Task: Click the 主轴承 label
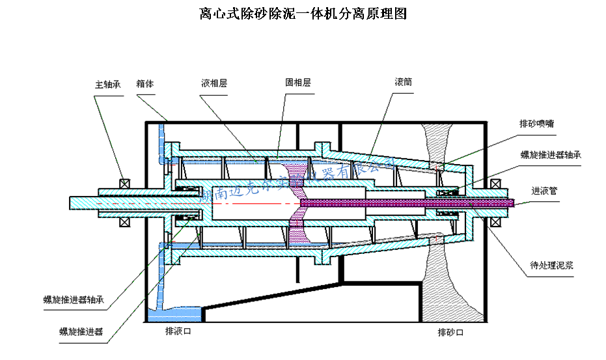(108, 84)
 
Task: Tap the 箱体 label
(145, 84)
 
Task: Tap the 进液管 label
(544, 191)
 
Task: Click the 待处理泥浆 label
(551, 266)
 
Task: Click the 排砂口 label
(450, 333)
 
